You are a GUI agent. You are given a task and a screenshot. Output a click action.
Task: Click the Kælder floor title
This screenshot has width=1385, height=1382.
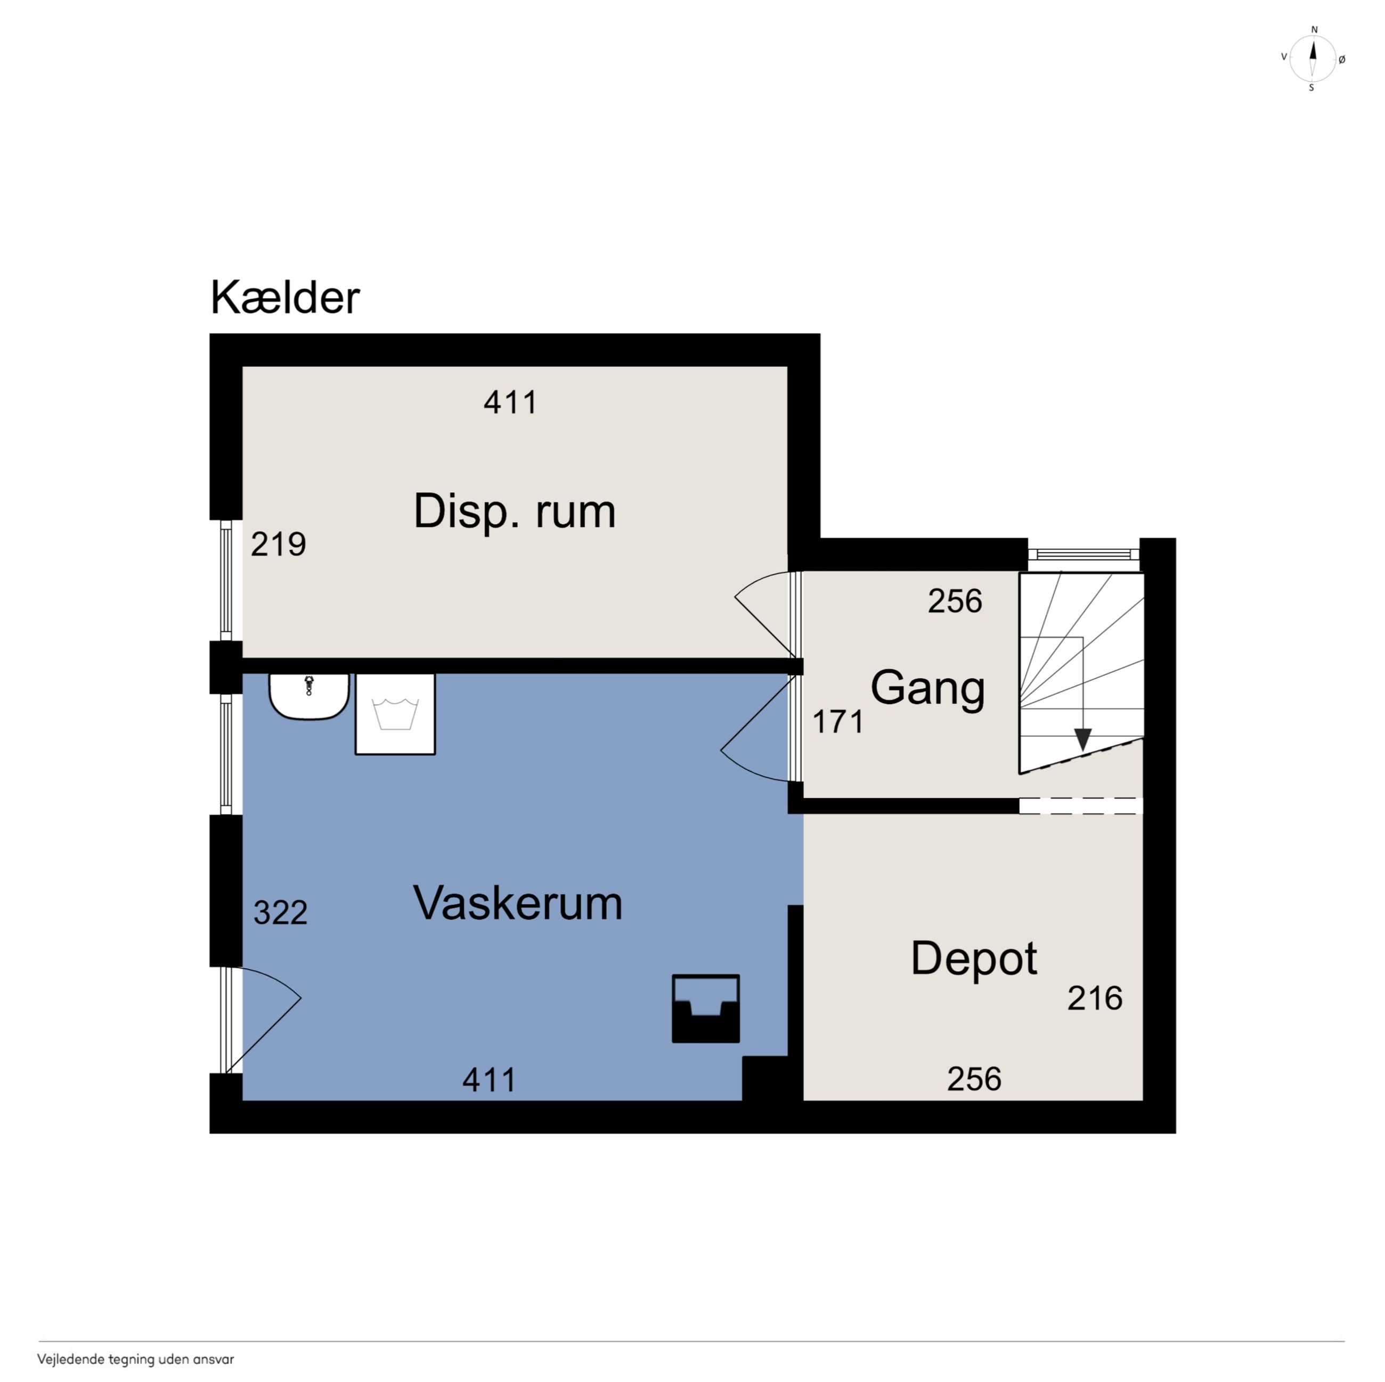click(284, 297)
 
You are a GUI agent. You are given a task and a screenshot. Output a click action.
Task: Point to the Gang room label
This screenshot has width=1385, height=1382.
click(927, 689)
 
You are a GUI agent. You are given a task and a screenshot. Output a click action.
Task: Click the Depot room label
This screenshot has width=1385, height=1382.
click(974, 959)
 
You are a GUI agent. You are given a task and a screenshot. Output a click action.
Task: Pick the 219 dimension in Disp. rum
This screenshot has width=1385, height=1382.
click(278, 544)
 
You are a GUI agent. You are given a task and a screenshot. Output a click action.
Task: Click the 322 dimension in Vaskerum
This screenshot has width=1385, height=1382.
click(280, 913)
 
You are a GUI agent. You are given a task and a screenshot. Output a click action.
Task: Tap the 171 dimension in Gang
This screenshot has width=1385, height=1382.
click(837, 721)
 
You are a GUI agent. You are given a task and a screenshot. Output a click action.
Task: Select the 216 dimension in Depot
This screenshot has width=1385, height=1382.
click(1095, 998)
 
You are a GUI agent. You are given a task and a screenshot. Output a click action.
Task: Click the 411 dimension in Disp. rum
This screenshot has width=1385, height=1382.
click(510, 402)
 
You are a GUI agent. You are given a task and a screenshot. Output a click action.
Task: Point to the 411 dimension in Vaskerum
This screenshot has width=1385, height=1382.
click(489, 1079)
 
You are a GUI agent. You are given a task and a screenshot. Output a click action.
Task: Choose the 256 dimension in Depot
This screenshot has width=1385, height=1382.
click(974, 1079)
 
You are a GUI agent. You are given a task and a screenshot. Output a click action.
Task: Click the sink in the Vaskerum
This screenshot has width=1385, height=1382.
click(309, 696)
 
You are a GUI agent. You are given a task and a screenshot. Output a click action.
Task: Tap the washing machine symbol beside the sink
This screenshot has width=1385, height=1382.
click(395, 714)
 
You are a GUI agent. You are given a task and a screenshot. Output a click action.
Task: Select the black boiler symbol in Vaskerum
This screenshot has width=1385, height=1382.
click(705, 1008)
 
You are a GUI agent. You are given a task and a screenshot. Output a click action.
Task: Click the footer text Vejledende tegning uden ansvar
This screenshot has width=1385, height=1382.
click(135, 1359)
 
